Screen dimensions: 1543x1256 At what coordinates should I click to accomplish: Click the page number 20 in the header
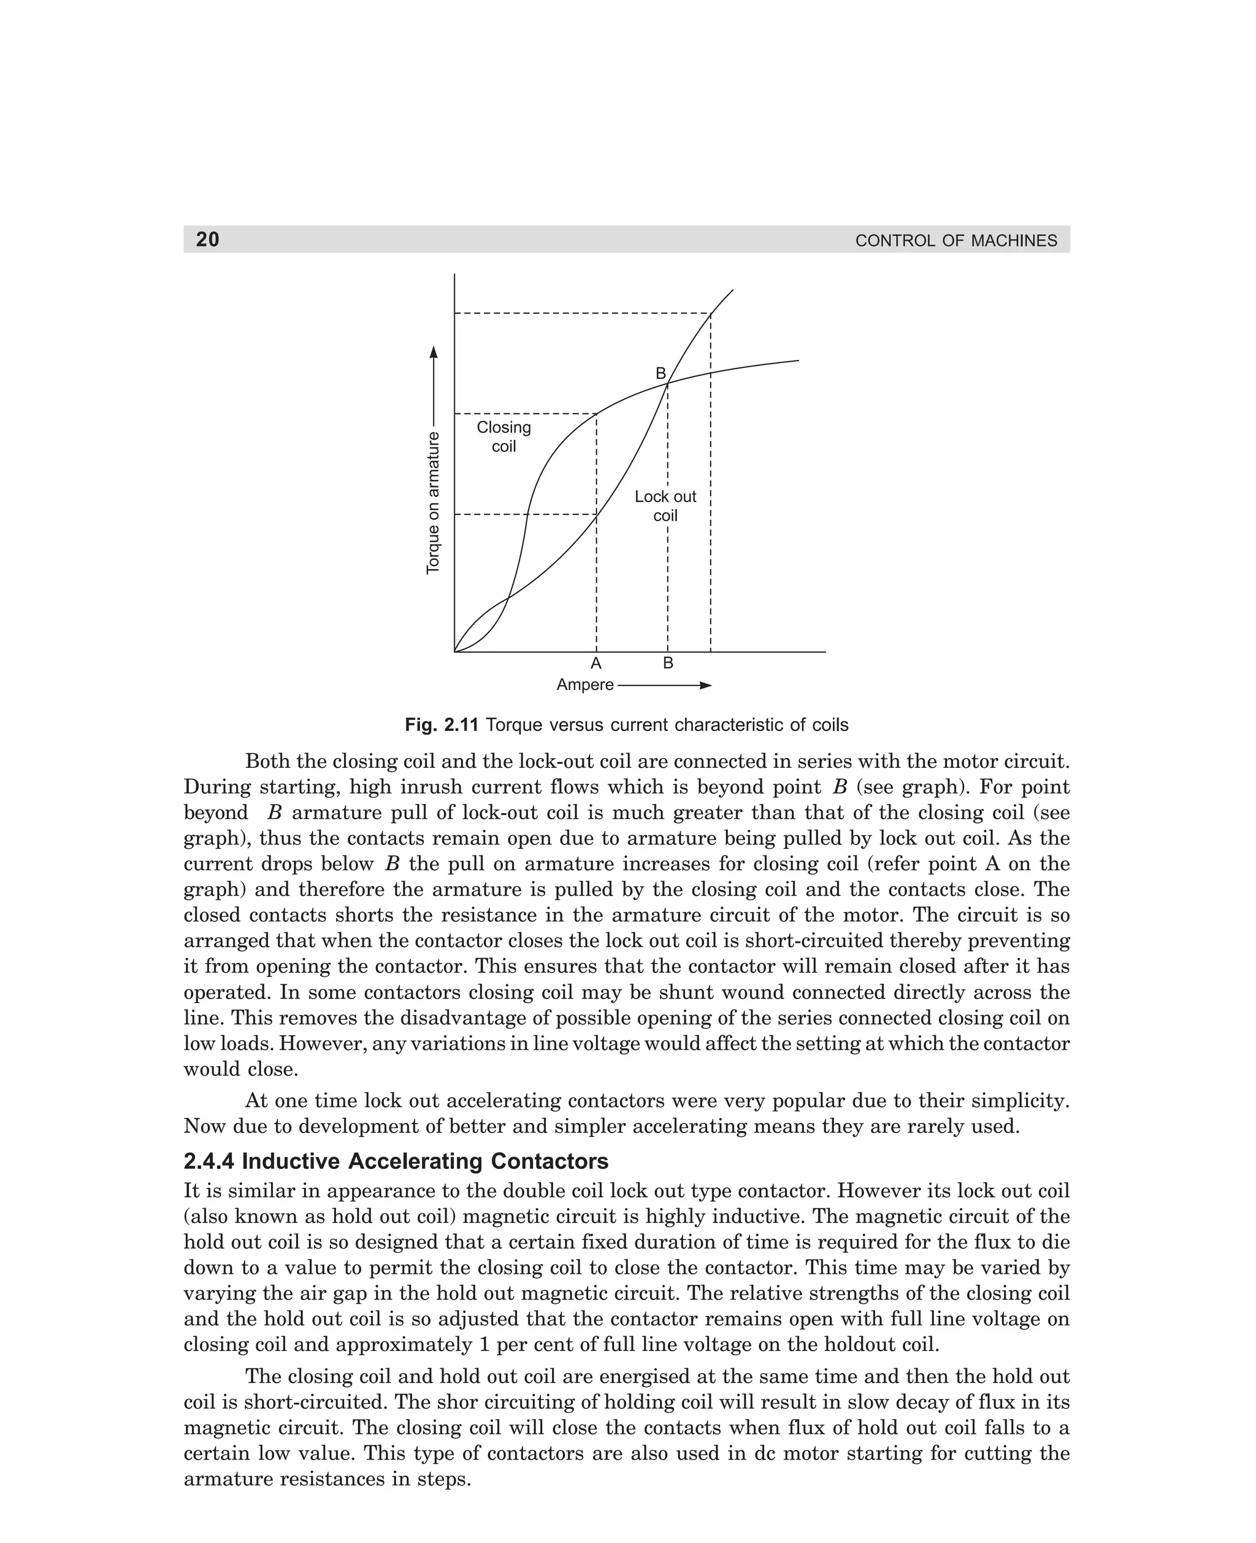point(208,239)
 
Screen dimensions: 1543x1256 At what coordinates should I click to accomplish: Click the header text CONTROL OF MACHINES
point(955,241)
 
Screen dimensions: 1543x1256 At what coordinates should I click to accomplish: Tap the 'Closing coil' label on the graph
point(504,437)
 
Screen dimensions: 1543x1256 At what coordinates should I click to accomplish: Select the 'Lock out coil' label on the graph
point(665,506)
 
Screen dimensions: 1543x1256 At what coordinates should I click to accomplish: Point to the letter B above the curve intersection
point(661,373)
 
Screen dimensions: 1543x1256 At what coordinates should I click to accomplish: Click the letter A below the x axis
point(596,664)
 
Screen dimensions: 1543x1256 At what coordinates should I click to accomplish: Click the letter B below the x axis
point(668,664)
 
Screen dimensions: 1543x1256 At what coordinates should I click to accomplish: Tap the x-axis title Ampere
point(584,685)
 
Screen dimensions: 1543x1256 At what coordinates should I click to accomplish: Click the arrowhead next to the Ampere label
point(705,685)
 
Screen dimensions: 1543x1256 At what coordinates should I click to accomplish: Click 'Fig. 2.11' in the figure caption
point(442,725)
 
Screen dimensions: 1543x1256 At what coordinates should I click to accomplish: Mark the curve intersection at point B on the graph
point(667,383)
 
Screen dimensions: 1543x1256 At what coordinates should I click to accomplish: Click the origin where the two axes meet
point(454,652)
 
